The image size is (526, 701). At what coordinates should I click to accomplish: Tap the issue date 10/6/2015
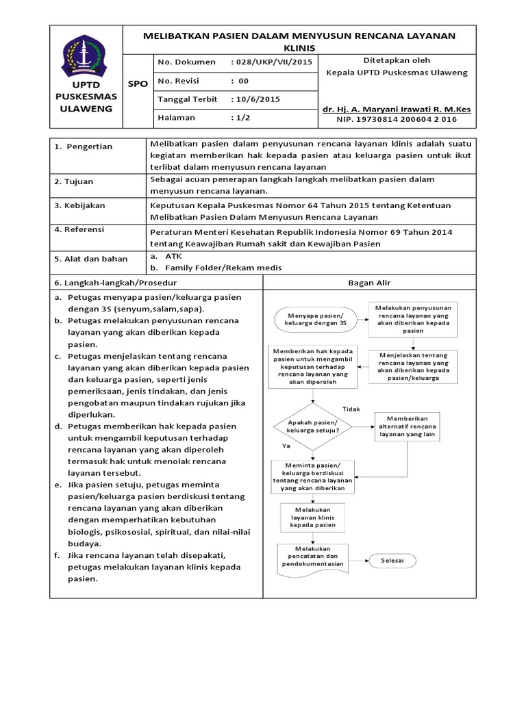(256, 99)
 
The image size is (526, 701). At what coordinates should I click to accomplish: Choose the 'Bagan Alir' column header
(369, 283)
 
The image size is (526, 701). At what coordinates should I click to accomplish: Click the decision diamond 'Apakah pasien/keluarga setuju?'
(313, 426)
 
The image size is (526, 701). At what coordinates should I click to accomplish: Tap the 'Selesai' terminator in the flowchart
(392, 561)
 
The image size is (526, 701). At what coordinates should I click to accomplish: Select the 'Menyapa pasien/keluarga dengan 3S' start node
(313, 319)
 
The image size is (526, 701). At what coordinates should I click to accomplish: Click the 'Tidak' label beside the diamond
(351, 409)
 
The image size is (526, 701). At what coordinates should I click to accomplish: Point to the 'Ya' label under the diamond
(286, 446)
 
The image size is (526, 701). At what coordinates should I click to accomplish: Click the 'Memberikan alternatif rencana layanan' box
(407, 426)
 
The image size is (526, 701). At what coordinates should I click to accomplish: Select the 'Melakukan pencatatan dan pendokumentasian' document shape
(312, 559)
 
